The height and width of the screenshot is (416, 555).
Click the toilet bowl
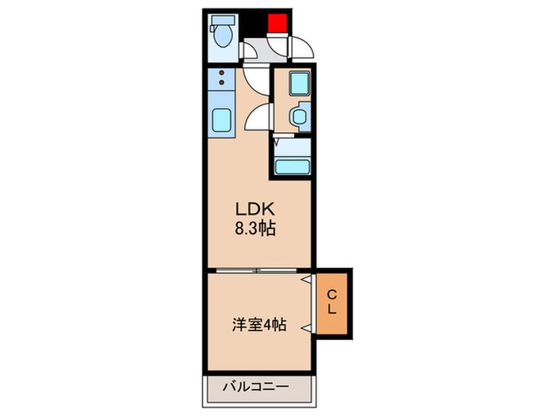click(223, 36)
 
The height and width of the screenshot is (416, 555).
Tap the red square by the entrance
click(277, 23)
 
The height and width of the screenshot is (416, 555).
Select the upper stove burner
click(222, 73)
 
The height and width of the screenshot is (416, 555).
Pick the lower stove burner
click(222, 82)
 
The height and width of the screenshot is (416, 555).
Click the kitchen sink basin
click(222, 120)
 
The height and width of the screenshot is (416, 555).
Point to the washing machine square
click(300, 83)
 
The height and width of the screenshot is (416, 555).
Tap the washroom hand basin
click(300, 116)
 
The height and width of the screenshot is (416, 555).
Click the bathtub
click(293, 167)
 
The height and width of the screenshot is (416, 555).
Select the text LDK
click(255, 209)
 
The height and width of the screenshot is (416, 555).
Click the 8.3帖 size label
click(255, 228)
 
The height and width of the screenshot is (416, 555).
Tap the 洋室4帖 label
click(259, 325)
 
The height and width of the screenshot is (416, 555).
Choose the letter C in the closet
click(331, 294)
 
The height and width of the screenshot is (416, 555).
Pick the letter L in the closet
click(331, 310)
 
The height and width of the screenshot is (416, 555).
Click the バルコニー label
click(255, 387)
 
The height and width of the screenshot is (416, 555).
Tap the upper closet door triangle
click(307, 280)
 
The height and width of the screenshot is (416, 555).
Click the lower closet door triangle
click(307, 328)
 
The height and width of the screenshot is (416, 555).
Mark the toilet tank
click(223, 20)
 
